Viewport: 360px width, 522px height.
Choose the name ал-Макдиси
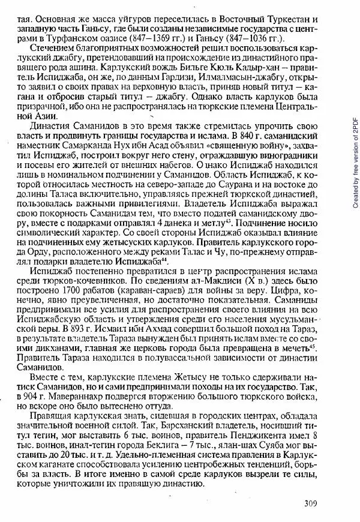click(226, 280)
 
